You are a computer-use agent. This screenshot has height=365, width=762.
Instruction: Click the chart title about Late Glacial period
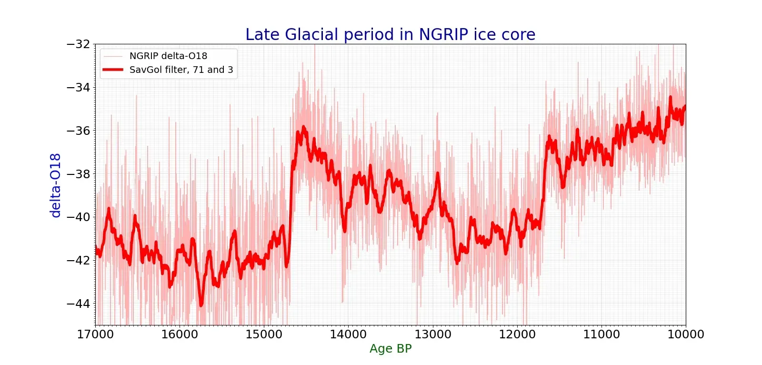[390, 35]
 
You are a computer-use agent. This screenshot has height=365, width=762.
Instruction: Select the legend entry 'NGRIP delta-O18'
[168, 56]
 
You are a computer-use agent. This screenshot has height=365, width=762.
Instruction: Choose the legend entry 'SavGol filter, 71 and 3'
[181, 70]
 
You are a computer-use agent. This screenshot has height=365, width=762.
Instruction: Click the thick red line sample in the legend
[113, 70]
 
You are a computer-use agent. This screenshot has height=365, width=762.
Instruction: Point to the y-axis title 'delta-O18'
[56, 185]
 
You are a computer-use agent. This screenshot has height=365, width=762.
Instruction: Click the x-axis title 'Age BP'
[391, 349]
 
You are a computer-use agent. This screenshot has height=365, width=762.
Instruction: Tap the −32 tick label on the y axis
[78, 44]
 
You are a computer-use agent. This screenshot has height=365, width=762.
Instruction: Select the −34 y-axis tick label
[78, 87]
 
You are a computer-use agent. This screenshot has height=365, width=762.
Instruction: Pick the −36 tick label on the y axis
[78, 131]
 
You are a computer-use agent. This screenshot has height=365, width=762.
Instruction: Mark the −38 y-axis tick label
[78, 174]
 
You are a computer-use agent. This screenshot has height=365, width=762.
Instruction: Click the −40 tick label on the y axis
[78, 217]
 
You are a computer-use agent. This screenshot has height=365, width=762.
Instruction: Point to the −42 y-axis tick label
[78, 260]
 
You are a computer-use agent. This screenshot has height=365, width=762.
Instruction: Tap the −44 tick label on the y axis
[78, 304]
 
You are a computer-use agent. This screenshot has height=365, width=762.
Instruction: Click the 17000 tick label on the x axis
[95, 335]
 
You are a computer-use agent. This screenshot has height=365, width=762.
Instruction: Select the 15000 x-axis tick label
[264, 335]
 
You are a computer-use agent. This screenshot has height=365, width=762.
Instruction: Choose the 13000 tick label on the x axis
[433, 335]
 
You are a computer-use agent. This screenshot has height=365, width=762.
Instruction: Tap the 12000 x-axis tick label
[517, 335]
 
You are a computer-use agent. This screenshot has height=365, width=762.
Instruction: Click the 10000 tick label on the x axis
[686, 335]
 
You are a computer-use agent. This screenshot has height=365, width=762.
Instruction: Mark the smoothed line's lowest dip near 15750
[201, 304]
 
